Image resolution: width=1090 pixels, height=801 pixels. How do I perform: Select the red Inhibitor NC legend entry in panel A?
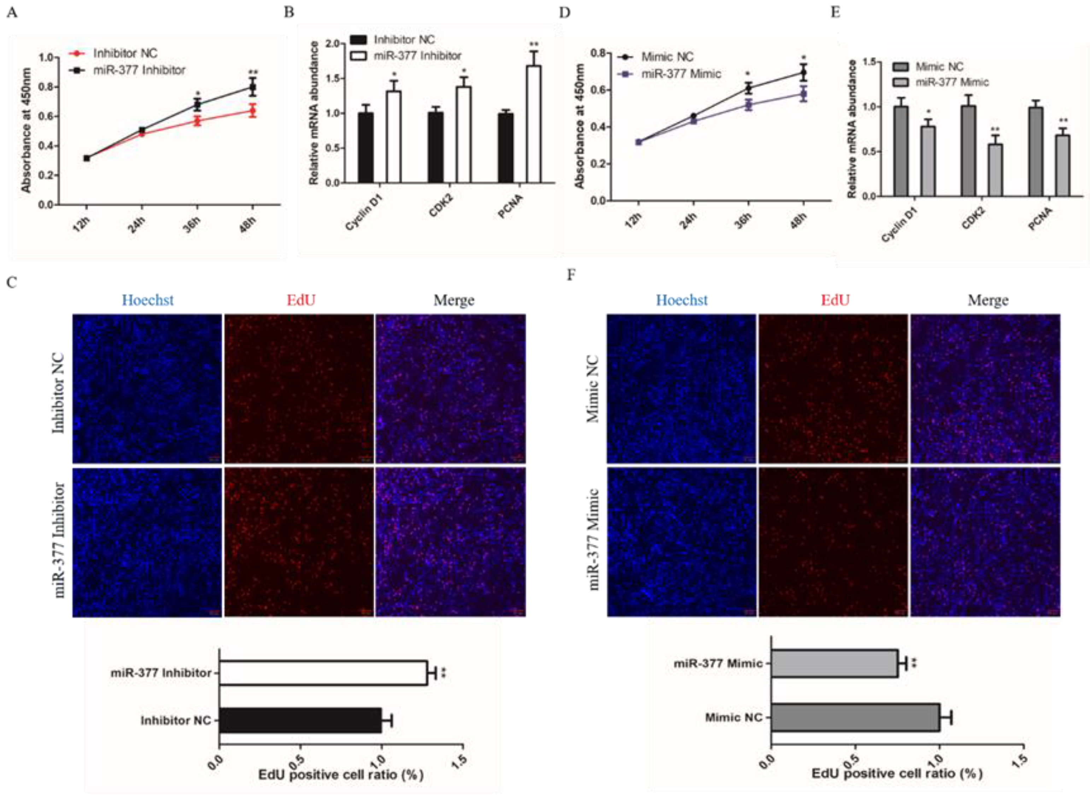pyautogui.click(x=125, y=53)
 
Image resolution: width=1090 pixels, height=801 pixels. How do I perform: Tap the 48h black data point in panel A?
pyautogui.click(x=252, y=88)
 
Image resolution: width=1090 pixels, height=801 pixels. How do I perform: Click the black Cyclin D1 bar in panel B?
pyautogui.click(x=366, y=147)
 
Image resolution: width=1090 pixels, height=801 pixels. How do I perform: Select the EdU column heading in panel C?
pyautogui.click(x=300, y=300)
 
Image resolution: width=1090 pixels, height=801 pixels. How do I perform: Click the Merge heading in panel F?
pyautogui.click(x=988, y=300)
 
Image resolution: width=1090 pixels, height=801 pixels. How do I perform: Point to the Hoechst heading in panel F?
pyautogui.click(x=681, y=300)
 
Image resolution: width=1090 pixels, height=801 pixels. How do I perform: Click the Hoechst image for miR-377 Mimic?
pyautogui.click(x=681, y=542)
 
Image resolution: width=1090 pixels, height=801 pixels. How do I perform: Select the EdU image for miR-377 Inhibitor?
pyautogui.click(x=299, y=542)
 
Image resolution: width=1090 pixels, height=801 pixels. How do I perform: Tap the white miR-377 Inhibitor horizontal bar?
pyautogui.click(x=323, y=673)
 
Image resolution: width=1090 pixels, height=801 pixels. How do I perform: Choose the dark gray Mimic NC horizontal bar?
pyautogui.click(x=855, y=717)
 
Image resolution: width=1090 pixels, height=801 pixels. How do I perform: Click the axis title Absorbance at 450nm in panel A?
pyautogui.click(x=27, y=131)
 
